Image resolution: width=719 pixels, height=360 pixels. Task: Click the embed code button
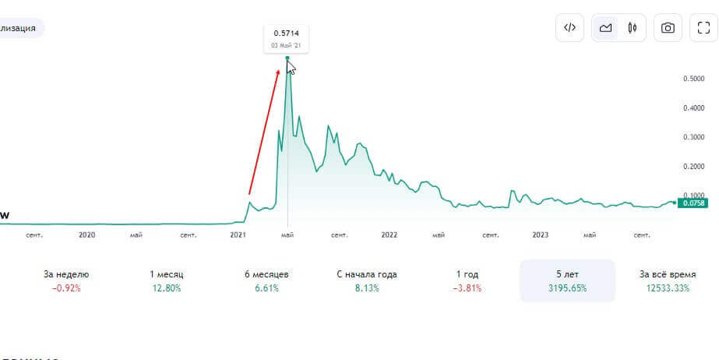tap(569, 28)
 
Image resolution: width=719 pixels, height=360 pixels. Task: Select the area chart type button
tap(605, 28)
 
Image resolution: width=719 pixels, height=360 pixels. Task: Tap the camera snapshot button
tap(668, 28)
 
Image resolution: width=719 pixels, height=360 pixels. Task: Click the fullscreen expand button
tap(703, 28)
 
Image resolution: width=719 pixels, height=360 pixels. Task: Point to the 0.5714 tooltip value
tap(286, 33)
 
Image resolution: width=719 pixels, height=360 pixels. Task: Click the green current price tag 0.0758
tap(693, 203)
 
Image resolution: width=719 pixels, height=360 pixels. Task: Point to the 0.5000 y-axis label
tap(693, 79)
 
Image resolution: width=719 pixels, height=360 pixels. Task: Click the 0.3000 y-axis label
tap(693, 137)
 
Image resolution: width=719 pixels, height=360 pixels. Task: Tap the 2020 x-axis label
tap(86, 234)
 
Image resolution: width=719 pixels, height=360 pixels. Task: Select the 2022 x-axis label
tap(389, 234)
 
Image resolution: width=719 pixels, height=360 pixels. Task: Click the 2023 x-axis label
tap(540, 234)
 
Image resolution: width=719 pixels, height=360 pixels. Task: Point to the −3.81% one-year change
tap(467, 288)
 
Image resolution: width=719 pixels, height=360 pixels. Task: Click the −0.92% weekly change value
tap(66, 288)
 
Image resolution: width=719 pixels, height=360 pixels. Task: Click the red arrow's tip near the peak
tap(278, 69)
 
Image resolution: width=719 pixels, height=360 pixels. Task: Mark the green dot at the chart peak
tap(287, 58)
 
